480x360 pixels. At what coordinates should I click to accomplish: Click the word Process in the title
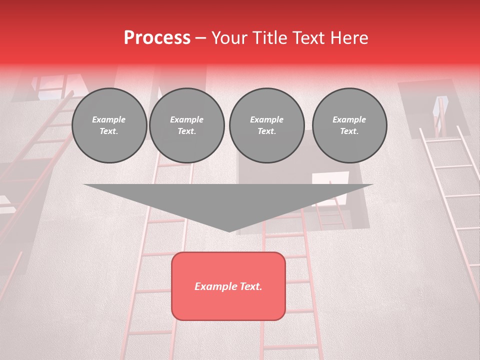click(157, 38)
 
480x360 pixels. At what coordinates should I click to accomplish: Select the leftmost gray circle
click(109, 125)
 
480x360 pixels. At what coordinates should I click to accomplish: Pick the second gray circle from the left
click(186, 125)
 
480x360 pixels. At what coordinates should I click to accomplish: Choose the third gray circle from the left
click(266, 125)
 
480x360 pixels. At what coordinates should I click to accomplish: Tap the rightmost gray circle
click(349, 125)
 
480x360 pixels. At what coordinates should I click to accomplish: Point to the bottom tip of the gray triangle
click(229, 230)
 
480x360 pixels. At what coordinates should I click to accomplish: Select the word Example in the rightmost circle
click(349, 119)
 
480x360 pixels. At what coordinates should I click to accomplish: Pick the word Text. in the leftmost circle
click(109, 131)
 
